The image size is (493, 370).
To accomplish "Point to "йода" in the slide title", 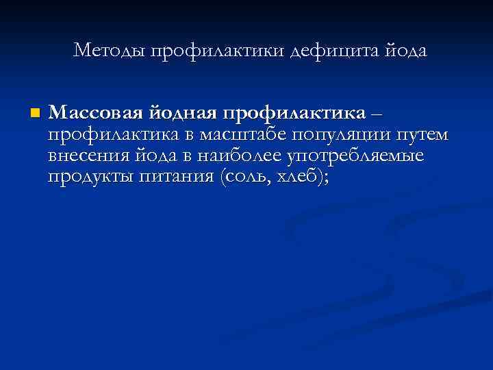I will [405, 51].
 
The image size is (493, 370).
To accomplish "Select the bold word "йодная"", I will [175, 112].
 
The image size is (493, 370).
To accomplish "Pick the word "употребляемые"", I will [355, 157].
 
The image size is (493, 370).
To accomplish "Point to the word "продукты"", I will [89, 178].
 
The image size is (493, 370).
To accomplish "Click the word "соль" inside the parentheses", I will [246, 177].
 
